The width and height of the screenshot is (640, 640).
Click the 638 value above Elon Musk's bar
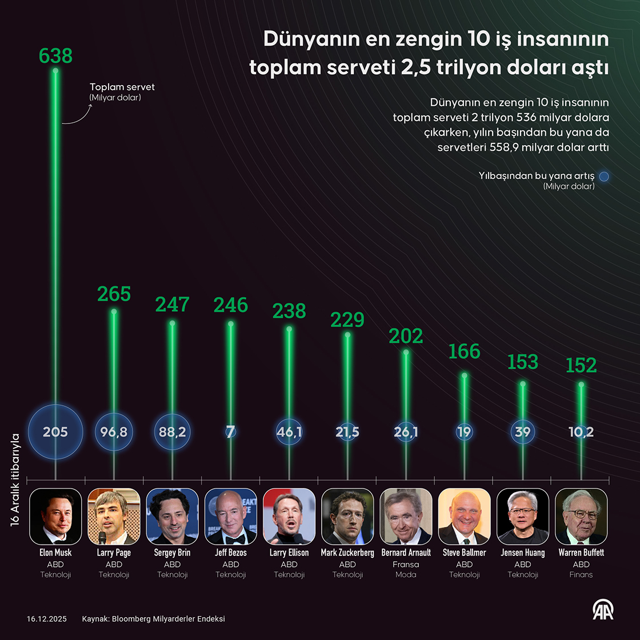click(55, 55)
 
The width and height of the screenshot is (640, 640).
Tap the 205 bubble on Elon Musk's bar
click(55, 432)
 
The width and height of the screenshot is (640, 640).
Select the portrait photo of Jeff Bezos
click(231, 516)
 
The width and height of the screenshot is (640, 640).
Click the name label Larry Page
click(114, 553)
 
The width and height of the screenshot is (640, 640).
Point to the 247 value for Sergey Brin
click(172, 305)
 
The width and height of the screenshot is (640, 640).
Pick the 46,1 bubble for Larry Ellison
click(289, 432)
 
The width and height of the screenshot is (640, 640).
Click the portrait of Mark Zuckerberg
click(347, 516)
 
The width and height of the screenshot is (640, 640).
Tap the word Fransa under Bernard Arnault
click(406, 564)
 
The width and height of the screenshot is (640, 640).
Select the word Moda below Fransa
click(406, 574)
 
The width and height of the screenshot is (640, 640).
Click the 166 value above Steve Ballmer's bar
click(464, 351)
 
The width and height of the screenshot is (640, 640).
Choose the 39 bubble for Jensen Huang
click(522, 432)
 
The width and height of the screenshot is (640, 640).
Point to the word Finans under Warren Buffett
click(581, 574)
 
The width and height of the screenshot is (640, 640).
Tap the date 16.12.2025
click(47, 619)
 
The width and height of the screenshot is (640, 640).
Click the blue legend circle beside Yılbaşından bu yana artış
click(604, 177)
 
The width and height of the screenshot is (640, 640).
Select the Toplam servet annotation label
click(122, 87)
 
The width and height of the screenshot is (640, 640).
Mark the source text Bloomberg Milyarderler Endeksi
click(169, 619)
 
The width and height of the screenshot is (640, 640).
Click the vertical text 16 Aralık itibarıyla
click(15, 479)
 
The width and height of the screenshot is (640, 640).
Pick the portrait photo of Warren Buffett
click(581, 516)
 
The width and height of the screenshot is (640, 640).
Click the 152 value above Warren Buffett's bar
click(581, 365)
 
